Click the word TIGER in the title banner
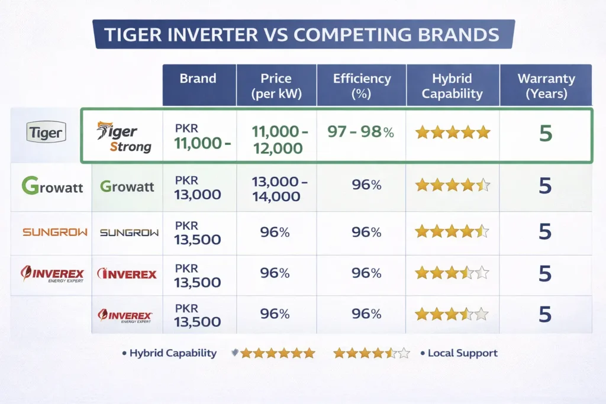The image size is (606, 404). tap(133, 34)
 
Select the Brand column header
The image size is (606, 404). tap(198, 79)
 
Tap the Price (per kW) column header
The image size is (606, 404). tap(276, 86)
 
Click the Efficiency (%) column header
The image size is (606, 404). tap(362, 86)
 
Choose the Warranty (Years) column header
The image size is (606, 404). tap(546, 86)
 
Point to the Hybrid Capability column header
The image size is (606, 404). tap(453, 86)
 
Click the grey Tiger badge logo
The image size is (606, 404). tap(46, 133)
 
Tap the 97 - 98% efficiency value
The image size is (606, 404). tap(360, 132)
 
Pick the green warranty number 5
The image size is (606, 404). tap(545, 134)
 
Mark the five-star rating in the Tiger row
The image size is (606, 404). tap(453, 132)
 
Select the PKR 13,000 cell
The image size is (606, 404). tap(198, 187)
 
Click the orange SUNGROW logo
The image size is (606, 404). tap(54, 232)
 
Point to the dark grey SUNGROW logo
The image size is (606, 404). tap(129, 232)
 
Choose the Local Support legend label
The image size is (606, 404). tap(463, 353)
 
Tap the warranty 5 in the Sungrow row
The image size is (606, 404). tap(545, 232)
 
